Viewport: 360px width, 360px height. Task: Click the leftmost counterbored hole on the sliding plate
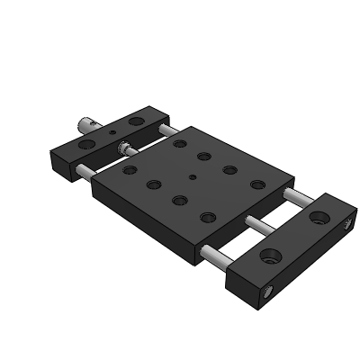coord(130,169)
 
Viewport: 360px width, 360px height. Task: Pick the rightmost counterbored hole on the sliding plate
coord(258,184)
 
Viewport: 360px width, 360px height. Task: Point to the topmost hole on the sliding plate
coord(180,143)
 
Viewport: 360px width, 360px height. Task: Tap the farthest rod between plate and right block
coord(293,193)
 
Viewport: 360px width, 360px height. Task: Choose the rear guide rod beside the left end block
coord(166,130)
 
